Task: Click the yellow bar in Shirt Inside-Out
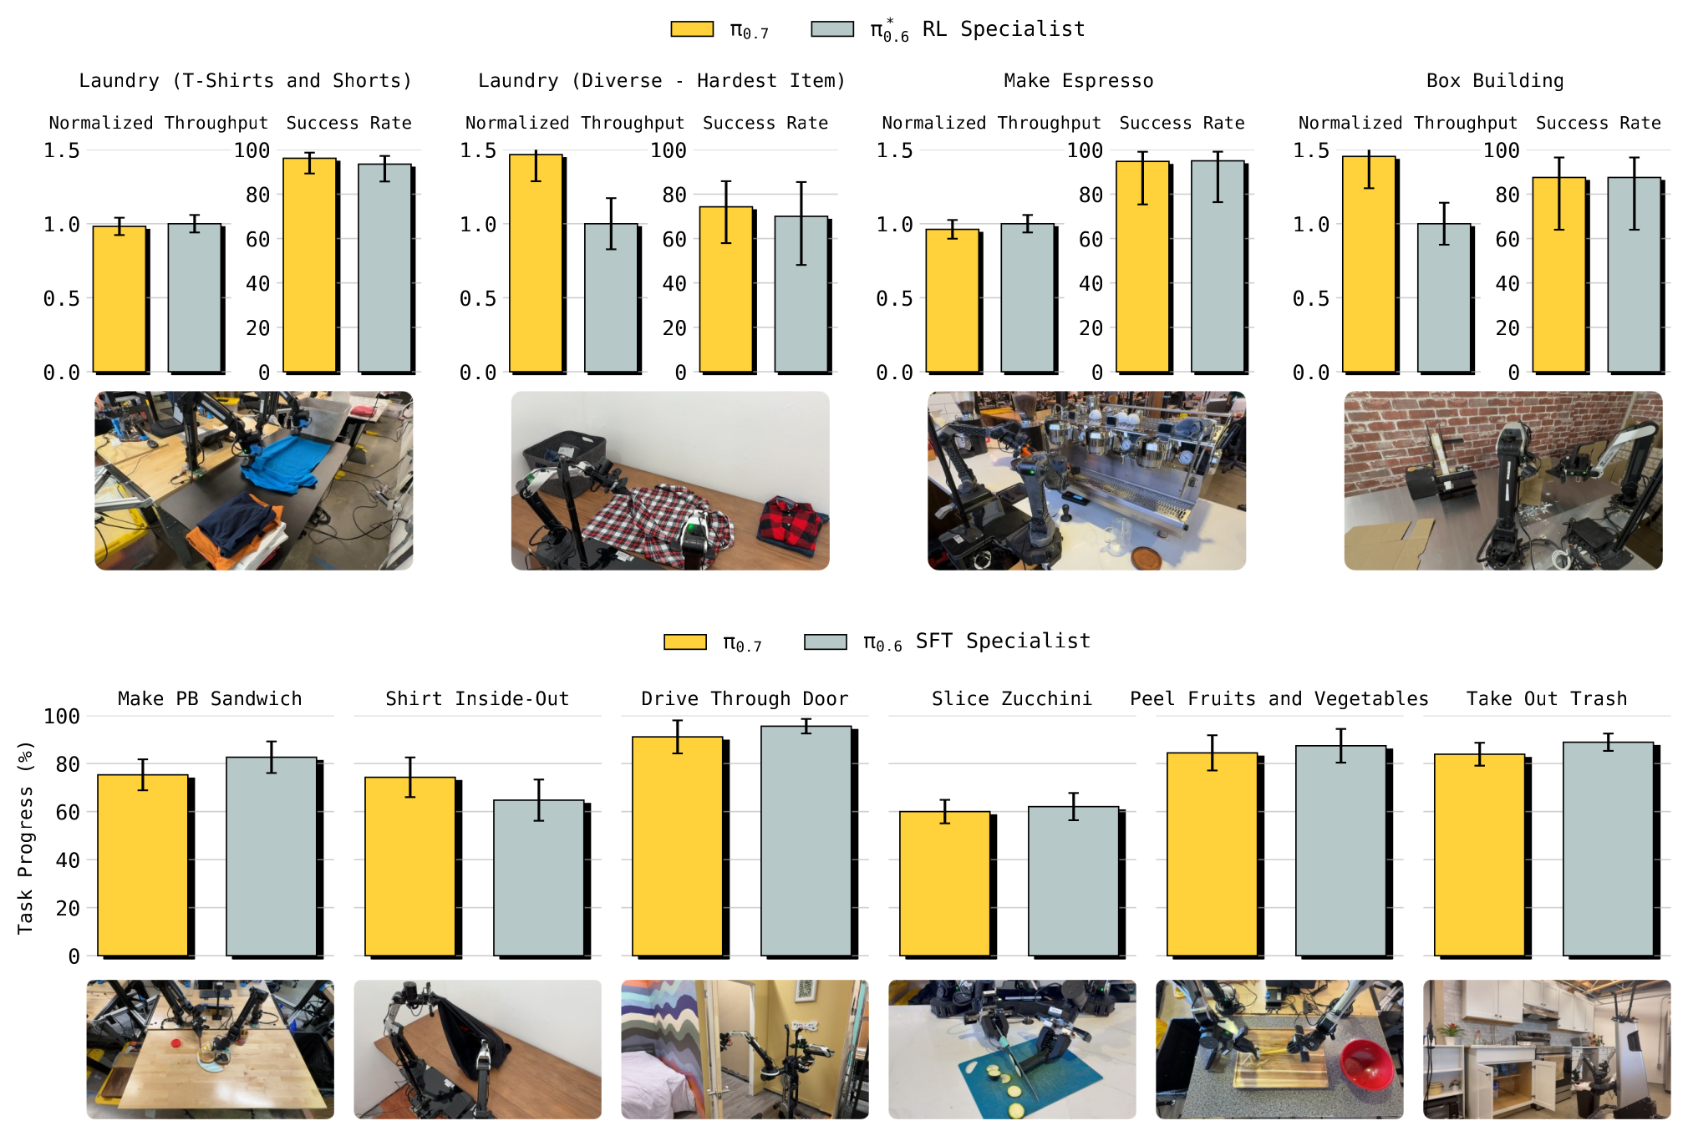coord(410,866)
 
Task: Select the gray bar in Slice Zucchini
coord(1074,881)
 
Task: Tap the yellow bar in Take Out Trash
coord(1480,855)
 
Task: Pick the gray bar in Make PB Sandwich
coord(272,856)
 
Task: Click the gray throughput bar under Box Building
coord(1444,298)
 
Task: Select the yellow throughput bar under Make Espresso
coord(953,301)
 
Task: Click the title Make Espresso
coord(1078,81)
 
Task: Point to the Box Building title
coord(1494,81)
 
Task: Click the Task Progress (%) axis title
coord(25,837)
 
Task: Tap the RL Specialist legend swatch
coord(832,29)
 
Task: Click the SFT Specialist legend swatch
coord(826,642)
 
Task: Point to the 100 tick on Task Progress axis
coord(62,717)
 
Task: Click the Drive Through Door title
coord(745,698)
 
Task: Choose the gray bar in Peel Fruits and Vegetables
coord(1341,850)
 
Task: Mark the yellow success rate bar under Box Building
coord(1559,275)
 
